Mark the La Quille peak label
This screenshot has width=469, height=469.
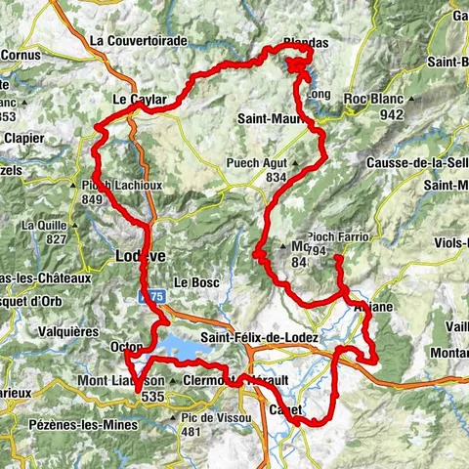(x=42, y=226)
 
